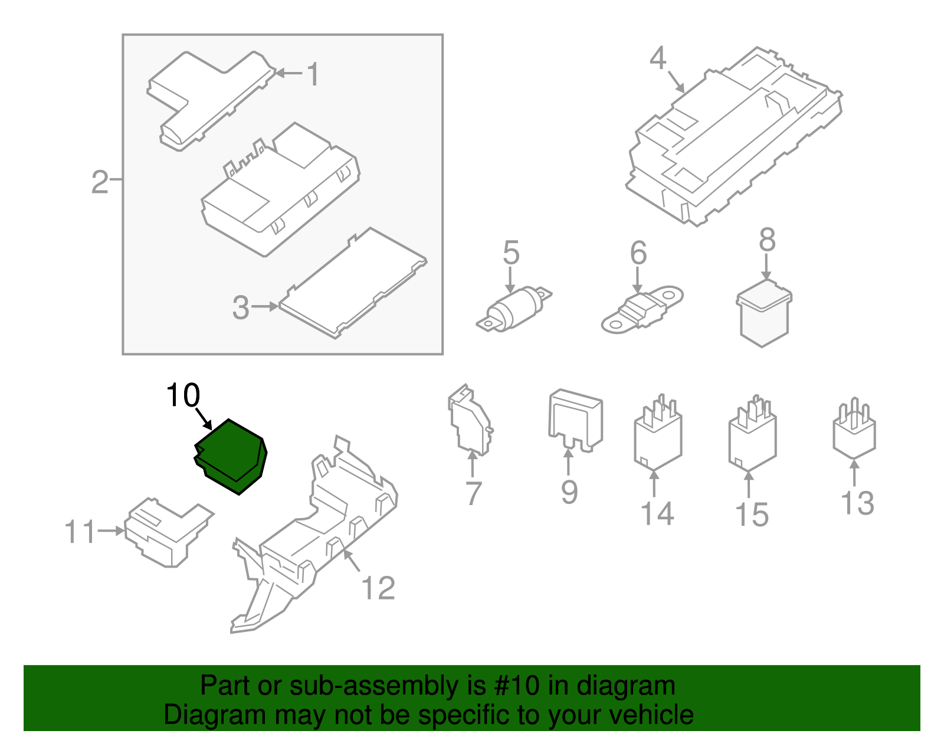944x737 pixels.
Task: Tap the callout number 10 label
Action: pos(183,395)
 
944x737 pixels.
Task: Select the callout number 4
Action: pos(658,58)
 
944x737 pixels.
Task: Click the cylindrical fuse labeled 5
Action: pos(515,309)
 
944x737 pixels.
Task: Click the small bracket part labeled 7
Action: pos(470,420)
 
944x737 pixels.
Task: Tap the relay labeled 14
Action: pos(657,435)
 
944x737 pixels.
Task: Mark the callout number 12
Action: pos(378,588)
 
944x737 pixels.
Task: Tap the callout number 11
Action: pos(80,532)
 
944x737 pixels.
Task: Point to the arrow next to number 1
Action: pos(289,73)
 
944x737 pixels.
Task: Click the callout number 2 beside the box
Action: pos(100,182)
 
